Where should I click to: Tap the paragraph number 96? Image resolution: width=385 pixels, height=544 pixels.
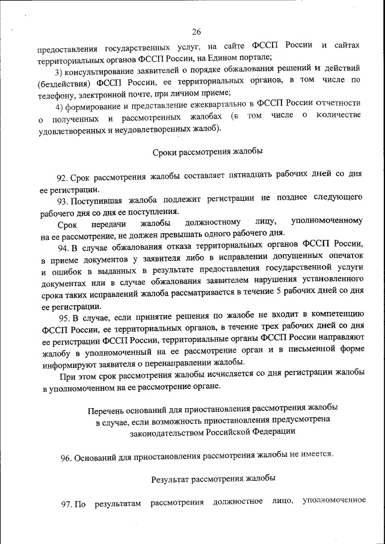tap(67, 457)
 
